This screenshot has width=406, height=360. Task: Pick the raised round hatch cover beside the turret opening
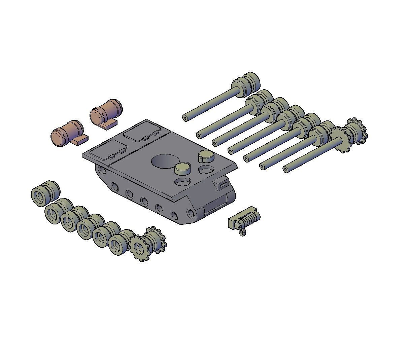pyautogui.click(x=182, y=168)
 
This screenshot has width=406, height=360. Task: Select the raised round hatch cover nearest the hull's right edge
pyautogui.click(x=206, y=156)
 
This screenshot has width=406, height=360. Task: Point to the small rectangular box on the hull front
pyautogui.click(x=223, y=184)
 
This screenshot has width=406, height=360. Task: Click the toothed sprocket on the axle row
pyautogui.click(x=340, y=139)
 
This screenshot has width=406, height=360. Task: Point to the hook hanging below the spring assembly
pyautogui.click(x=242, y=232)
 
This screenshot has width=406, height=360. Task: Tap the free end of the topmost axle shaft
pyautogui.click(x=185, y=118)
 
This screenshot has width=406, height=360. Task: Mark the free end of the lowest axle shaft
pyautogui.click(x=285, y=170)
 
